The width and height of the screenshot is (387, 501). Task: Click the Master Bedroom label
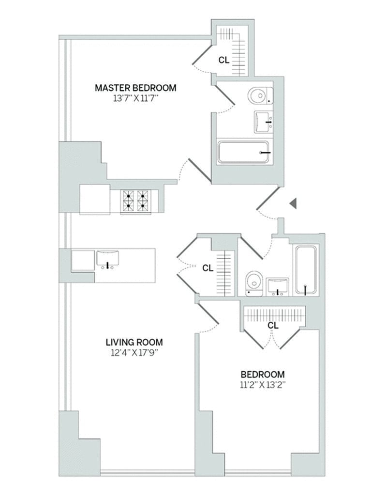pos(135,88)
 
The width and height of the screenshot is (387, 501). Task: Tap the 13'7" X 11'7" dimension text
pos(135,98)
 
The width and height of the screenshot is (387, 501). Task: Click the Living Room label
pos(134,342)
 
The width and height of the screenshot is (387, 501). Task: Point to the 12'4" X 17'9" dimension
pos(134,353)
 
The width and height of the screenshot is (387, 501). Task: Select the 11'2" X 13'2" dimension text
pos(263,385)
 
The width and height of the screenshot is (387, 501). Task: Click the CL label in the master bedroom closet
pos(223,60)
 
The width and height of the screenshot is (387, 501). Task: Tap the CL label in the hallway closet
pos(208,268)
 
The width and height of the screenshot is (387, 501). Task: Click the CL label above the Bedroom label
pos(273,325)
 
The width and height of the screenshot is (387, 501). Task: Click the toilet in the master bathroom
pos(260,95)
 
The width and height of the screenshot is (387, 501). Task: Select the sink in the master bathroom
pos(264,122)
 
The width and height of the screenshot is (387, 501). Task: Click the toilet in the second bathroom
pos(254,283)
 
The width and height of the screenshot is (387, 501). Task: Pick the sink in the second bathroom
pos(278,286)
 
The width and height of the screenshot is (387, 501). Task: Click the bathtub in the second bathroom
pos(306,269)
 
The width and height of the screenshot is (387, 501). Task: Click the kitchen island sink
pos(108,259)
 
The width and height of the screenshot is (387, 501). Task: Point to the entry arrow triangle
pos(293,203)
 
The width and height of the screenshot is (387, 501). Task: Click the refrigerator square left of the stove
pos(95,199)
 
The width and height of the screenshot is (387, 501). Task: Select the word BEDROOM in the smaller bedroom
pos(263,374)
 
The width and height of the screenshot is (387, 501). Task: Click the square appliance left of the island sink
pos(83,261)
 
